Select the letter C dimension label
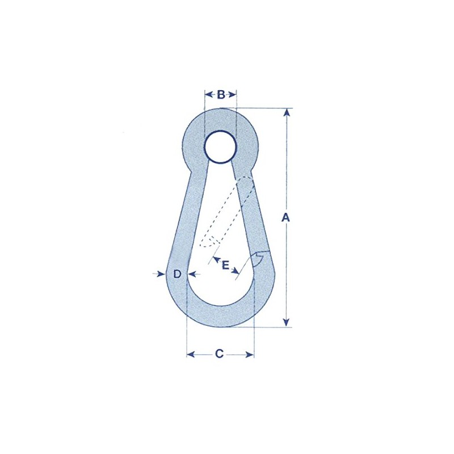tap(220, 354)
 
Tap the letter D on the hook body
tap(177, 274)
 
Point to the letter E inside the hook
tap(226, 265)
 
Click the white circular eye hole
tap(220, 147)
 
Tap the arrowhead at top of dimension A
tap(287, 112)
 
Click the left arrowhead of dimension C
tap(191, 354)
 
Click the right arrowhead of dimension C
tap(250, 354)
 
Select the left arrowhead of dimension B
tap(208, 94)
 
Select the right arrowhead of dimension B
tap(233, 94)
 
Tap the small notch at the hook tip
tap(259, 259)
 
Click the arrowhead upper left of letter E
tap(216, 259)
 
